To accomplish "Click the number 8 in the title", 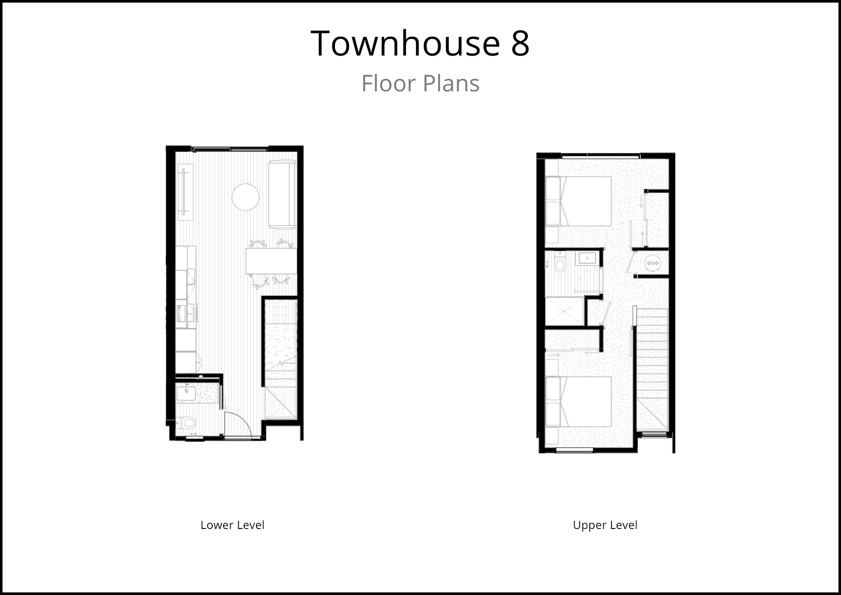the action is pos(520,44).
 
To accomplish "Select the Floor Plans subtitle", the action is pos(420,84).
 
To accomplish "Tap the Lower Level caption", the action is pos(232,525).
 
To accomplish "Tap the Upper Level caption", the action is pos(605,525).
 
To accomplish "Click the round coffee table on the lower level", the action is pos(245,197).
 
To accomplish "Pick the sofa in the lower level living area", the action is pos(283,194).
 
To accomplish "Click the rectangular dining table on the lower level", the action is pos(271,261).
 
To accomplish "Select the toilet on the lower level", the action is pos(187,423).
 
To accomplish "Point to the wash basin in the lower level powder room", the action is pos(186,393).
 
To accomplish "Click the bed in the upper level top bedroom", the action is pos(578,201).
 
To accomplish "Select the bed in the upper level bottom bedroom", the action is pos(578,402).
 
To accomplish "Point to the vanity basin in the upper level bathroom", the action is pos(587,258).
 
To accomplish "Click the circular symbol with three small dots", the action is pos(652,264).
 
